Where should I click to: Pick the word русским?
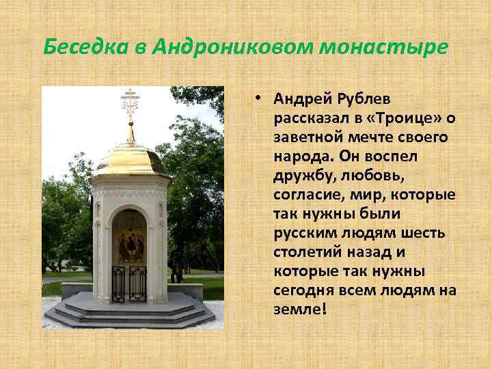(301, 234)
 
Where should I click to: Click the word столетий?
(305, 253)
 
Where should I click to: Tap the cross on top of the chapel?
(131, 102)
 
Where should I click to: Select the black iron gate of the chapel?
(129, 283)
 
